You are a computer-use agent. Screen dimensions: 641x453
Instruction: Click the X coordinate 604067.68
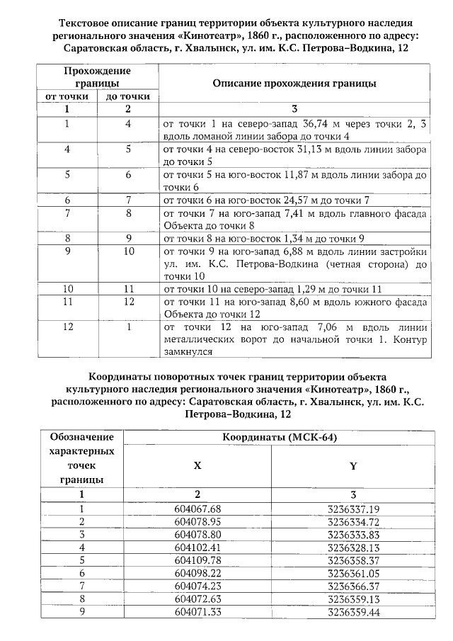click(x=197, y=509)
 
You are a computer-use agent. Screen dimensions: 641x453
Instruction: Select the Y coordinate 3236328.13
click(x=353, y=548)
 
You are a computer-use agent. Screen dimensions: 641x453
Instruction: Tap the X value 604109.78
click(x=197, y=560)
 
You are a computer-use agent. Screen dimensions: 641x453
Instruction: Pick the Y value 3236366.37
click(x=353, y=586)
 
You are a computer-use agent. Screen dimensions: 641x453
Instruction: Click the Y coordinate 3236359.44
click(x=353, y=611)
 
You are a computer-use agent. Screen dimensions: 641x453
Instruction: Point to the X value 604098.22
click(x=197, y=573)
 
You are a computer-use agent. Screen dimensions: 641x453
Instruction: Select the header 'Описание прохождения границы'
click(x=294, y=83)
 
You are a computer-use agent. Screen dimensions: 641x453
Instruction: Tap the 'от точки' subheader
click(x=66, y=96)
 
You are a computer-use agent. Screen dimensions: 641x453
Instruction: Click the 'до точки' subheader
click(x=128, y=96)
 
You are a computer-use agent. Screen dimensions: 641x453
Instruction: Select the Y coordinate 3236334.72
click(x=353, y=521)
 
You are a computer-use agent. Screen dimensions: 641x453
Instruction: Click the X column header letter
click(x=197, y=465)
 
